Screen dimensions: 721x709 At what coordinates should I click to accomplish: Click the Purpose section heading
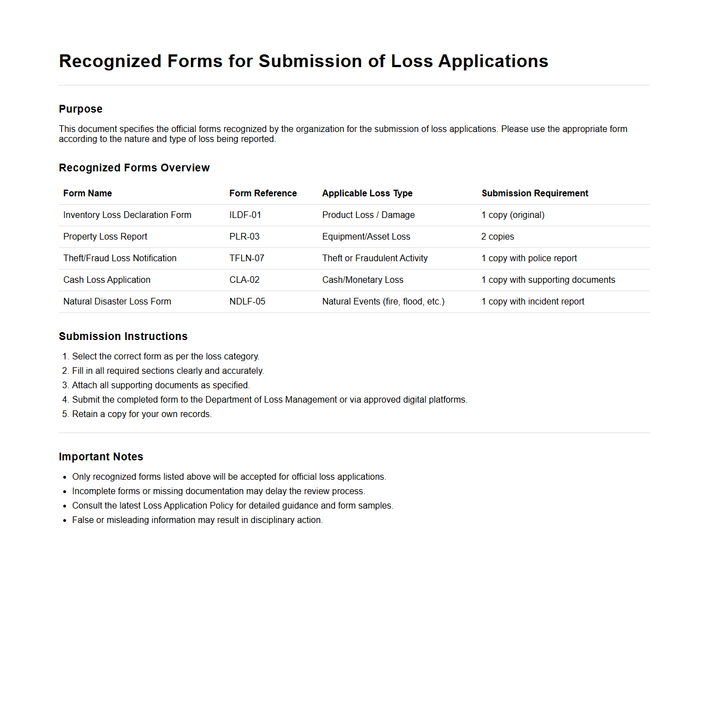tap(80, 109)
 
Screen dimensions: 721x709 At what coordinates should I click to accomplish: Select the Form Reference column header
tap(263, 193)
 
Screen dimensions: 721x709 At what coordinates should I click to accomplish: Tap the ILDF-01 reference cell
tap(245, 215)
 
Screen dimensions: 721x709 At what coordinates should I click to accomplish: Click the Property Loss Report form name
tap(105, 236)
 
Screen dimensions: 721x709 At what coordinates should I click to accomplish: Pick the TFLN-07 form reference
tap(247, 258)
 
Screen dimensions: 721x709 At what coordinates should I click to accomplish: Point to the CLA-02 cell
tap(245, 280)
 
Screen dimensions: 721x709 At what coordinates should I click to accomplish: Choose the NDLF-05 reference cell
tap(247, 301)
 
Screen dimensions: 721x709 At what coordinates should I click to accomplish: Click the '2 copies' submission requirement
tap(498, 236)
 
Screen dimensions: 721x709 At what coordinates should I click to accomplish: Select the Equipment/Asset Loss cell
tap(366, 236)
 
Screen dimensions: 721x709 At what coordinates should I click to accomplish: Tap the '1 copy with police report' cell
tap(529, 258)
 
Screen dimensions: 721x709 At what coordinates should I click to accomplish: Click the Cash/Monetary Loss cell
tap(363, 280)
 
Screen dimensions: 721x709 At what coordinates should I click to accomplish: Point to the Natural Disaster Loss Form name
tap(117, 301)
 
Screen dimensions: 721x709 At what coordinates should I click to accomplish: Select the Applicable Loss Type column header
tap(367, 193)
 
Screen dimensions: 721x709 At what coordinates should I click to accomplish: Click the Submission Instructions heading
tap(123, 336)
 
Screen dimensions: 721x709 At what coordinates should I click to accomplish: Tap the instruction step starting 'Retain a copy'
tap(141, 414)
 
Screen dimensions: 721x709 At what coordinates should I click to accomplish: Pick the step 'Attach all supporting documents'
tap(161, 385)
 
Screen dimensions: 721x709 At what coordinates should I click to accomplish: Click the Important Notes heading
tap(101, 456)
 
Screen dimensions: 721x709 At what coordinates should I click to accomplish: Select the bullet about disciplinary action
tap(197, 520)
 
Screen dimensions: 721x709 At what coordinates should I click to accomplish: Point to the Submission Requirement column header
tap(535, 193)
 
